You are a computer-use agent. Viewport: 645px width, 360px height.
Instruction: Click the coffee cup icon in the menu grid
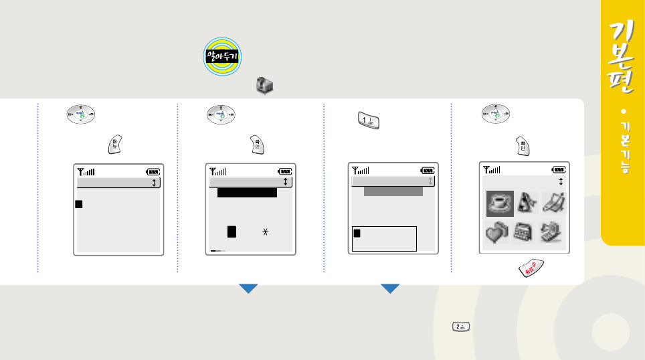(x=500, y=203)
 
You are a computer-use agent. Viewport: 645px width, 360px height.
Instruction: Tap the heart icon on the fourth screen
(x=498, y=233)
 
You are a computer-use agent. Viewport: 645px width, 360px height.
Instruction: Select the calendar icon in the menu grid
(x=524, y=233)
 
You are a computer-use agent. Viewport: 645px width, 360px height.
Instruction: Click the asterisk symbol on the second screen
(x=266, y=231)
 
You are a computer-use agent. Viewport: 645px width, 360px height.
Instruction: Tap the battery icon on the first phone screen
(x=153, y=172)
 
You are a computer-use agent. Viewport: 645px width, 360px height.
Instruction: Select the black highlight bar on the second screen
(x=247, y=193)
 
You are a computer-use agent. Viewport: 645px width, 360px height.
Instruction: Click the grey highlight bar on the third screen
(x=393, y=191)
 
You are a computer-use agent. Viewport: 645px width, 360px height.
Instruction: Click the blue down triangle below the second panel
(x=249, y=288)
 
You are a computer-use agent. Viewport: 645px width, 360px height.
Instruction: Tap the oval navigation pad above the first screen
(x=82, y=114)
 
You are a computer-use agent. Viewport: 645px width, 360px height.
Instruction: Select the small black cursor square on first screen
(x=79, y=204)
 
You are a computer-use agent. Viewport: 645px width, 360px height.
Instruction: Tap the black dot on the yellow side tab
(x=623, y=110)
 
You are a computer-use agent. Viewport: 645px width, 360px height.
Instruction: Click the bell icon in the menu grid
(x=525, y=203)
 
